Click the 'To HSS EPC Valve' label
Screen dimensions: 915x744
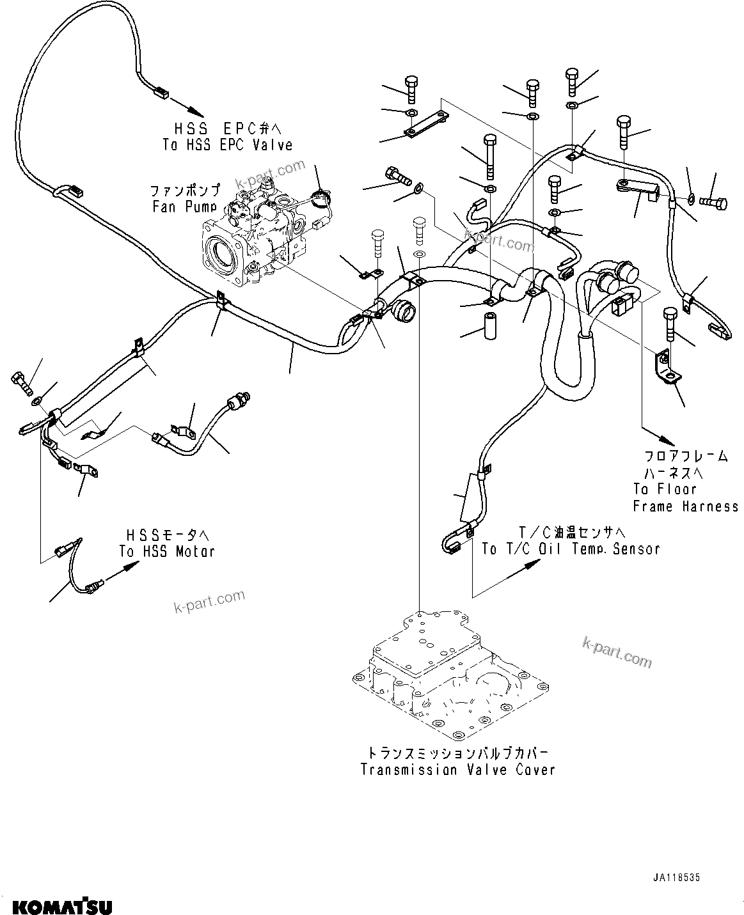(x=227, y=145)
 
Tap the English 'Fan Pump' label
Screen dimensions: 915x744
(x=186, y=207)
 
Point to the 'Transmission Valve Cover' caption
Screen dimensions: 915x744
(x=457, y=769)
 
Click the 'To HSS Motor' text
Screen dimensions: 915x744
(x=167, y=551)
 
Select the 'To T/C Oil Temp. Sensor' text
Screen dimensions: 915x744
(x=571, y=549)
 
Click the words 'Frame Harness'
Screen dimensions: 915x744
(x=685, y=506)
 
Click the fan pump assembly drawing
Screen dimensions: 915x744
(x=256, y=237)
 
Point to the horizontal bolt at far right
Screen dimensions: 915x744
(x=713, y=202)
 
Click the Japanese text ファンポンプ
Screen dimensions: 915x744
(x=186, y=190)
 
